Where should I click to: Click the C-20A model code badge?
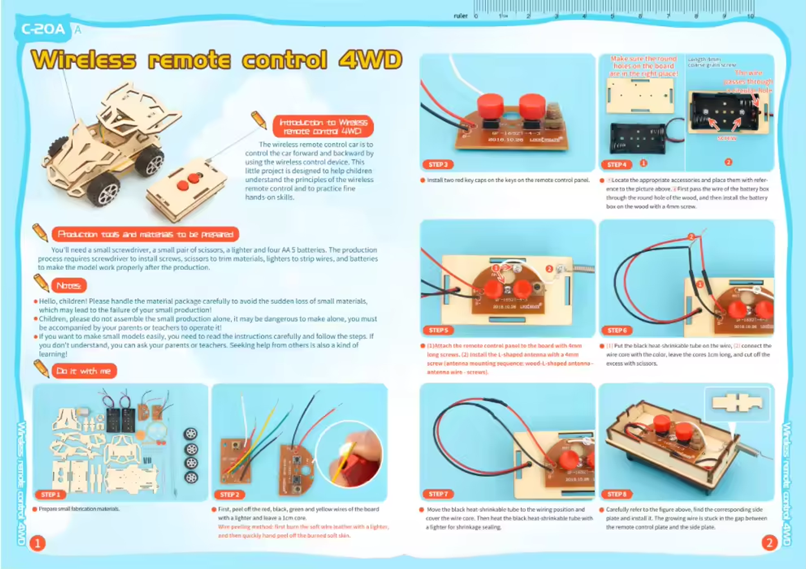coord(43,29)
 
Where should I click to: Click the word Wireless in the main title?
coord(84,60)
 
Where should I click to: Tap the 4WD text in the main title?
coord(370,59)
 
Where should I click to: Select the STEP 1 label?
coord(50,495)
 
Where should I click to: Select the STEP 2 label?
coord(229,495)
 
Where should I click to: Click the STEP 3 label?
coord(438,164)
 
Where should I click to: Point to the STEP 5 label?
coord(438,330)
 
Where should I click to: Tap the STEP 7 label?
coord(438,494)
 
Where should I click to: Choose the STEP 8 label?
coord(617,494)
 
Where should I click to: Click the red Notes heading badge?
coord(69,286)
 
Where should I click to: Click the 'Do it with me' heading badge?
coord(84,371)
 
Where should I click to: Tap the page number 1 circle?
coord(37,543)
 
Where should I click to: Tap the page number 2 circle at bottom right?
coord(769,542)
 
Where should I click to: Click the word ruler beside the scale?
coord(460,16)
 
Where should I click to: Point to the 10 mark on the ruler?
coord(750,16)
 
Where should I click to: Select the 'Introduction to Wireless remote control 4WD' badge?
coord(323,126)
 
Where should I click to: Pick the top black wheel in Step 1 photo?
coord(191,434)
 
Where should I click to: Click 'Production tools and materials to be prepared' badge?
coord(146,234)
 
